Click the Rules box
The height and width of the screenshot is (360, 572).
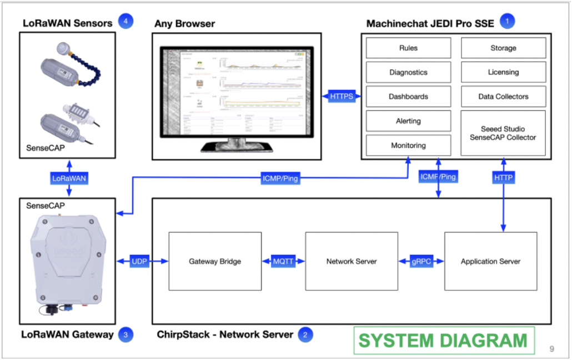click(x=408, y=48)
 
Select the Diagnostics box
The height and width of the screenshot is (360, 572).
click(x=408, y=72)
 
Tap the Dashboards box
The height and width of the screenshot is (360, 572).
click(x=408, y=97)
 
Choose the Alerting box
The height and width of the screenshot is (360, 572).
click(x=408, y=121)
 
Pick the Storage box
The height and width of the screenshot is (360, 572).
click(x=503, y=48)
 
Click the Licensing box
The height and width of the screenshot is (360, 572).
click(x=503, y=72)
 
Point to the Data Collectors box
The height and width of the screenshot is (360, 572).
click(x=503, y=97)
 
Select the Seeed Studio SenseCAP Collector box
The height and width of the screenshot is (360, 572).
click(x=503, y=133)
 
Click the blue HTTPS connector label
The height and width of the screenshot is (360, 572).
click(x=342, y=97)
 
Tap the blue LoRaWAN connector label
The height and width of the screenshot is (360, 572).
click(x=69, y=178)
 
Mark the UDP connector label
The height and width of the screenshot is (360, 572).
click(x=139, y=261)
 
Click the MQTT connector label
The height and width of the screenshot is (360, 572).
click(x=283, y=261)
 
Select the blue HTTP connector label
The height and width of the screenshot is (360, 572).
click(x=504, y=178)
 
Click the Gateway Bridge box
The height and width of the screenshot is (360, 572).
click(x=215, y=261)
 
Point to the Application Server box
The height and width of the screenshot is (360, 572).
click(x=490, y=261)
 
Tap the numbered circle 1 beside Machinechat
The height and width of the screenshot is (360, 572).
click(x=507, y=22)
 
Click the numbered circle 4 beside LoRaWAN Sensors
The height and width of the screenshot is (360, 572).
click(x=126, y=22)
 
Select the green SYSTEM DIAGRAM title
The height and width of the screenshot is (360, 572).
click(x=443, y=340)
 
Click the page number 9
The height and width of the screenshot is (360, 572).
click(x=551, y=349)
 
